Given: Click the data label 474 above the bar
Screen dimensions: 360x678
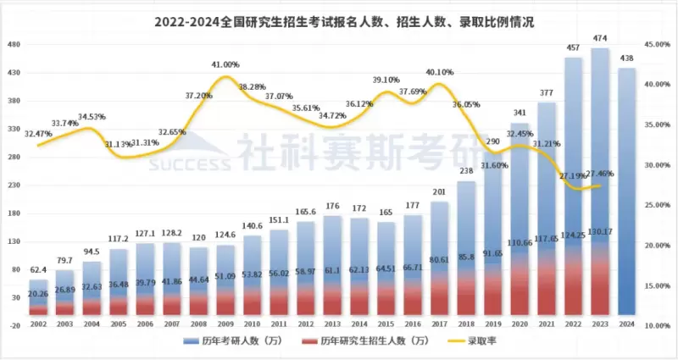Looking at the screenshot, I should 600,40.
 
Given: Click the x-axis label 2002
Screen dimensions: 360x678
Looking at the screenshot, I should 37,324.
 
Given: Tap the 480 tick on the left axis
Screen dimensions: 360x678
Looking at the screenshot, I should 14,44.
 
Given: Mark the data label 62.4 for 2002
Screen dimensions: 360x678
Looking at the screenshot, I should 38,246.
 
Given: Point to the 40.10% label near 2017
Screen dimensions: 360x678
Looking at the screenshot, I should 440,73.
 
